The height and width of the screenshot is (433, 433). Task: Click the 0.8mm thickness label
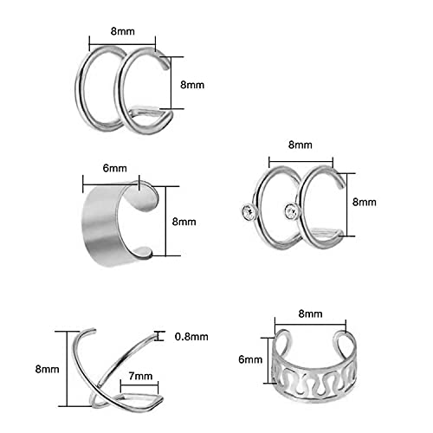coord(191,337)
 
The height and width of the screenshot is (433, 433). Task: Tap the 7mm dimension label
coord(140,376)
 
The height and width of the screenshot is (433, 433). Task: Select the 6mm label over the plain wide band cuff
coord(114,168)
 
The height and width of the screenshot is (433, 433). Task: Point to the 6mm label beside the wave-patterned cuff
coord(250,359)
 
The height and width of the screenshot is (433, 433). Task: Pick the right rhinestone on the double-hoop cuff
coord(292,211)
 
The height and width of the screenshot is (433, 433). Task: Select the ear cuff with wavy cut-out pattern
coord(314,366)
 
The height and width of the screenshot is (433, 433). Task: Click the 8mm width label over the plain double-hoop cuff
coord(123,31)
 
